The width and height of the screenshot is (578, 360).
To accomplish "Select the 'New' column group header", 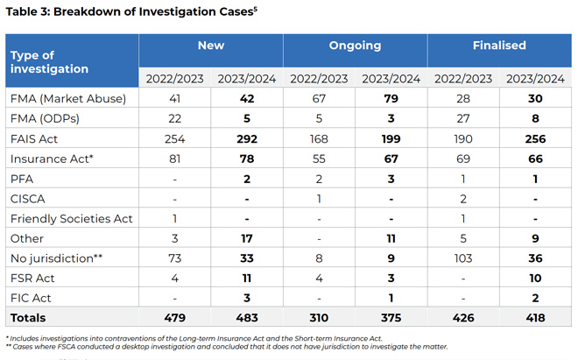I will click(211, 46).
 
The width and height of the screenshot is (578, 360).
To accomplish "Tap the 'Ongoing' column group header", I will click(355, 46).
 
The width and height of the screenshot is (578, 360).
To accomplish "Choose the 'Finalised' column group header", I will click(499, 46).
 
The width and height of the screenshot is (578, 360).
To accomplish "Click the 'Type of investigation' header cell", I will click(49, 61).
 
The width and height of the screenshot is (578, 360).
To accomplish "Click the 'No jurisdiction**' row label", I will click(54, 258).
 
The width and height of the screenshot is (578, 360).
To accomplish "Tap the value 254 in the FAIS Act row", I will click(174, 138).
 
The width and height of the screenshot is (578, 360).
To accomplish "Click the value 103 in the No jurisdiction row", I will click(463, 258).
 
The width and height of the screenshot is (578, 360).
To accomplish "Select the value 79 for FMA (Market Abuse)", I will click(391, 99).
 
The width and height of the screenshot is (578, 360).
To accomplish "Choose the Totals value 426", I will click(463, 318).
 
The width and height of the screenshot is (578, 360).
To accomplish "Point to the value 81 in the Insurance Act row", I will click(174, 159).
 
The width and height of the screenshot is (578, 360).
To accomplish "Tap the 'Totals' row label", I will click(28, 318).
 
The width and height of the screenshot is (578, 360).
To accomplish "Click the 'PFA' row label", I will click(22, 179).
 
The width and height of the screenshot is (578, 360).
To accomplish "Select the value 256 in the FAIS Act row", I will click(535, 138).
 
